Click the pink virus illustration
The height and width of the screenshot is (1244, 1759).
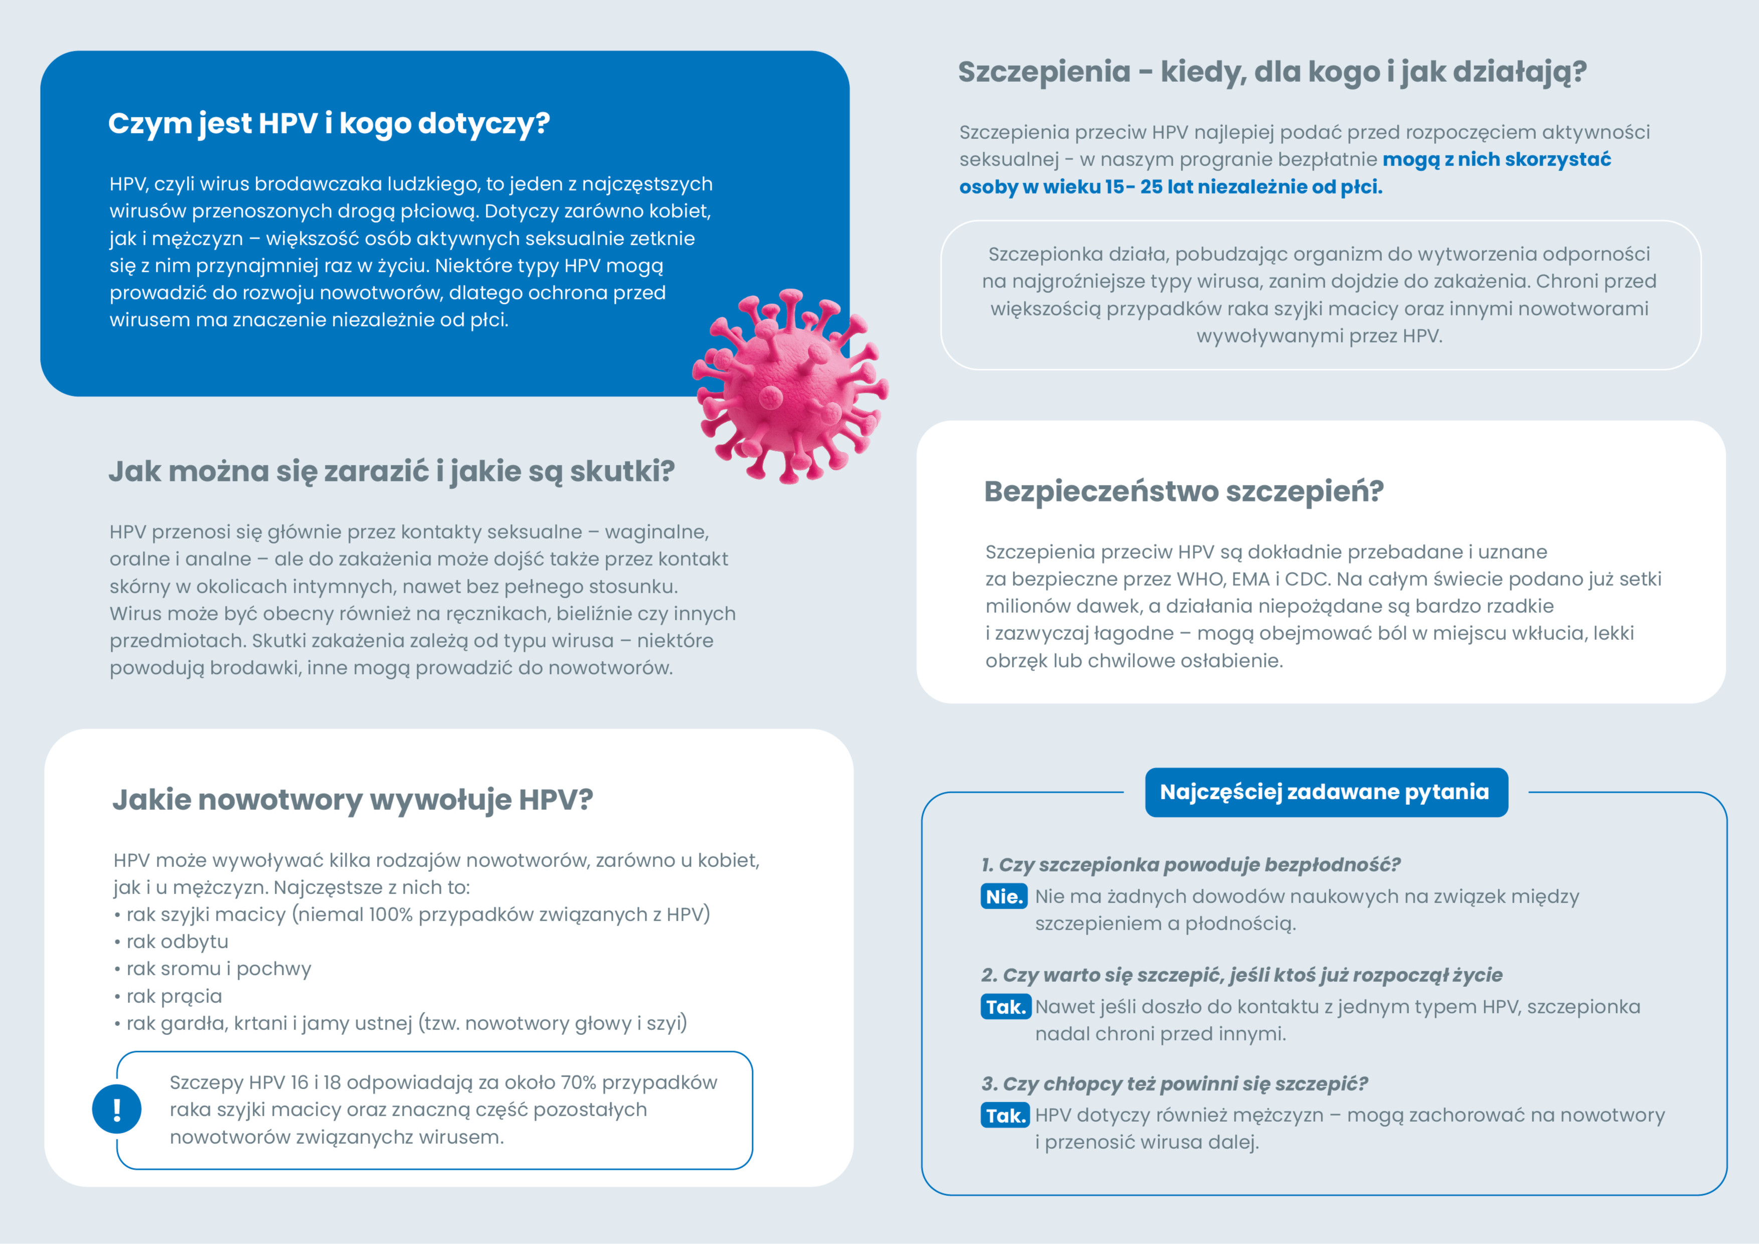click(790, 387)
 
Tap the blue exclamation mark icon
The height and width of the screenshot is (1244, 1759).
click(116, 1109)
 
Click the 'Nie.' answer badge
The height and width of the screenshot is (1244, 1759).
click(1004, 896)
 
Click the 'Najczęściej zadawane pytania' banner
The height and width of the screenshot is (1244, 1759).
click(1325, 792)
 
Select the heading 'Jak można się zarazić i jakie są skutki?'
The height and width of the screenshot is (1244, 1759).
click(391, 472)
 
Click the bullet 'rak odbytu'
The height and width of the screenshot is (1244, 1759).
click(177, 942)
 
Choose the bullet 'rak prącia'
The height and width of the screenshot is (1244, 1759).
click(174, 996)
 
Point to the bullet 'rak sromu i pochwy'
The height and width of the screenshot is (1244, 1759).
click(218, 969)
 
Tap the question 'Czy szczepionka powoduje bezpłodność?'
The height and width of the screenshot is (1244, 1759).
click(1199, 865)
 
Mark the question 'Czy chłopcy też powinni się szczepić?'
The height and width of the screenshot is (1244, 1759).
click(1184, 1084)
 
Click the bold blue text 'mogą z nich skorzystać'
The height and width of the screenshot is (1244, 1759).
click(1496, 159)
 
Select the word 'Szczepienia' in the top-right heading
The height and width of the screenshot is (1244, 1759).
click(1043, 72)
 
